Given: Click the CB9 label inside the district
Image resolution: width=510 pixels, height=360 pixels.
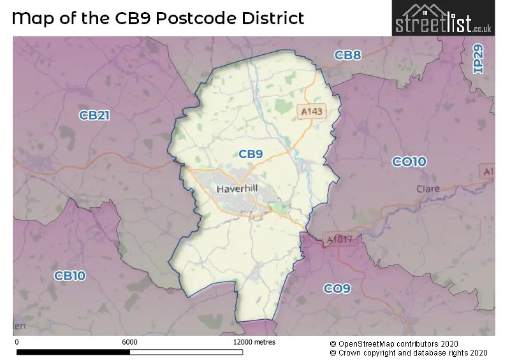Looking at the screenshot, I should (x=251, y=154).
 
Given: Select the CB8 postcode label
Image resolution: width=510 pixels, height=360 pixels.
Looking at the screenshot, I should (x=348, y=55).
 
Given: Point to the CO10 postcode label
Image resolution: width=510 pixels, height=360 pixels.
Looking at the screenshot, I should (x=409, y=162).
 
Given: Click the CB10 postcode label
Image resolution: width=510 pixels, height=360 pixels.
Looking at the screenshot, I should (x=69, y=276).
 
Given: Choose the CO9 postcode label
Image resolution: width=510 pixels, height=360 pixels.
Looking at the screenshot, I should (x=337, y=289).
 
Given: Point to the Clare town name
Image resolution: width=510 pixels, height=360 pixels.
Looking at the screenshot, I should (x=428, y=189).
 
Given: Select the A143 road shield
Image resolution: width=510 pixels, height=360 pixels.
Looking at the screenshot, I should (x=312, y=112).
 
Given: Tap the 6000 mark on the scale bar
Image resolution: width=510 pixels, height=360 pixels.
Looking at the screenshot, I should (x=129, y=342).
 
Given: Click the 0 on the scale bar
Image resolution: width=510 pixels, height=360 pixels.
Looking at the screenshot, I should (x=16, y=342).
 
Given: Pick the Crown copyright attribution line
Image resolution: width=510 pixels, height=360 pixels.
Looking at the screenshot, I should (x=409, y=352).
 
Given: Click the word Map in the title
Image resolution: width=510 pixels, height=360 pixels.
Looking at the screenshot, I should (x=33, y=18).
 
